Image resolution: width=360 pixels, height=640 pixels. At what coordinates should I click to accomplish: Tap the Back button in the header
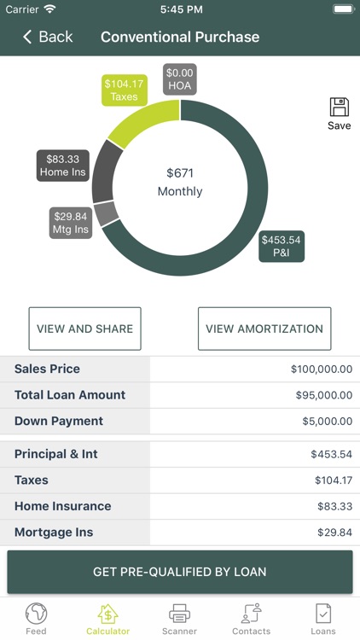[x=48, y=37]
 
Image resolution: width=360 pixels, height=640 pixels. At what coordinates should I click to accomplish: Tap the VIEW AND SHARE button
[x=84, y=329]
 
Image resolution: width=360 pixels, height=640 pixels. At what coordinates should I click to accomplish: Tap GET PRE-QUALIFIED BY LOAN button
[x=180, y=572]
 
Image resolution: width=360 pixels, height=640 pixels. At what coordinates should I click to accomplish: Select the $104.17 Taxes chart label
[x=125, y=90]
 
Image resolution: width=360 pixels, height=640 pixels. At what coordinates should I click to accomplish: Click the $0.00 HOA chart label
[x=180, y=79]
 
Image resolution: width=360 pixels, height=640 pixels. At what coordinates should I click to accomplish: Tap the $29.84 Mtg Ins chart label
[x=71, y=222]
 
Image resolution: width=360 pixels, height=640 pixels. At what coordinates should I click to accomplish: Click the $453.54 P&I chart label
[x=282, y=246]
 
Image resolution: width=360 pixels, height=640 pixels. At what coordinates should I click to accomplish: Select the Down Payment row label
[x=59, y=421]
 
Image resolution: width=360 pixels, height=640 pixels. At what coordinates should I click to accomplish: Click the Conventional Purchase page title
[x=180, y=37]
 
